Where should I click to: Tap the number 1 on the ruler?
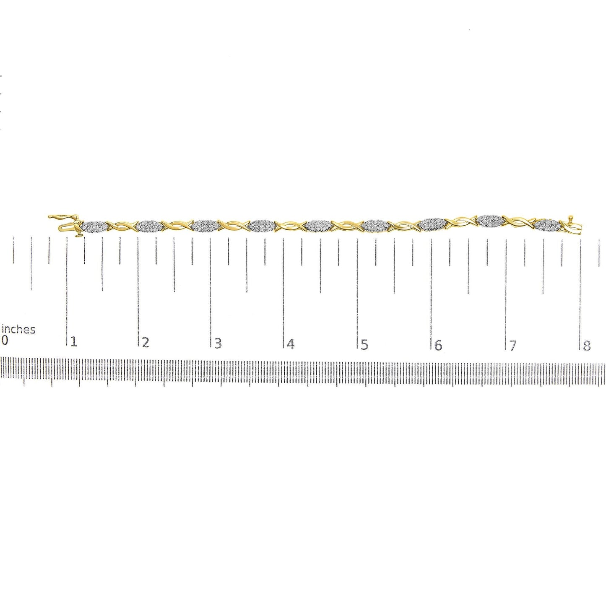point(74,341)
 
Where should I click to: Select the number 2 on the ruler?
point(145,342)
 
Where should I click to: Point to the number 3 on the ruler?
point(218,343)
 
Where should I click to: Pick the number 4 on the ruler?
point(291,344)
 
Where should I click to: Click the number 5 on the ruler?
point(364,345)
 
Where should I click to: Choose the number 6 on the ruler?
point(438,345)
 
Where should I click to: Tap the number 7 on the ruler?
point(512,346)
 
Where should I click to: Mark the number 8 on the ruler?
point(587,346)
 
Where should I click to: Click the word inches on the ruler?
point(18,330)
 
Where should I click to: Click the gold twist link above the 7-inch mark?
point(519,221)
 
